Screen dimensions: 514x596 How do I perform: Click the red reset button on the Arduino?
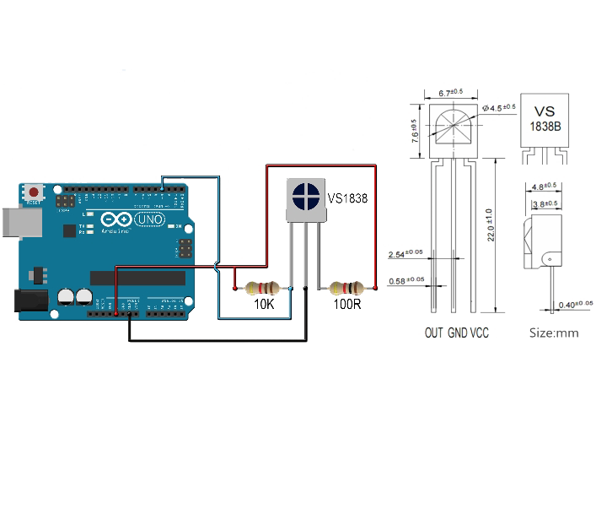click(33, 192)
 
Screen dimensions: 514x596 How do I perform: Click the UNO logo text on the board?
click(150, 219)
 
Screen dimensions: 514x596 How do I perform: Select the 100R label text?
click(347, 304)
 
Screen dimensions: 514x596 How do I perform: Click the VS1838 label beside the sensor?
click(346, 199)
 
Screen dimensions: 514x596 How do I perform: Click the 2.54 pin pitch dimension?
click(406, 254)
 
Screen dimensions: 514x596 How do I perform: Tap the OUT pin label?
click(433, 333)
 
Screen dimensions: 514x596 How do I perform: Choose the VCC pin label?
click(479, 333)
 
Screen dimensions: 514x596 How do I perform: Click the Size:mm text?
click(554, 333)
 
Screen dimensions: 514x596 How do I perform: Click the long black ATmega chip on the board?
click(138, 278)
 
